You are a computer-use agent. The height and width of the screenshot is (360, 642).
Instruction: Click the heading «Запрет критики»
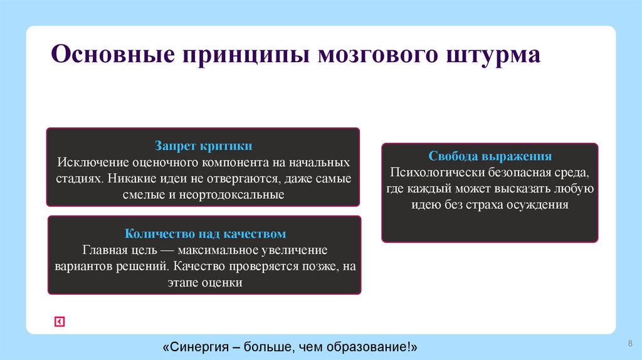(204, 146)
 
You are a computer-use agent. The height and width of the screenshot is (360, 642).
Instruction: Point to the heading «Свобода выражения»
(490, 156)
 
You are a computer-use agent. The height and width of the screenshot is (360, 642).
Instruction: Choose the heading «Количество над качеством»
(205, 234)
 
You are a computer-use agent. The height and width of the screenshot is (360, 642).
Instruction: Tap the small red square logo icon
(60, 322)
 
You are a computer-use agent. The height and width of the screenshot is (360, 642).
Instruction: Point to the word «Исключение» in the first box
(85, 162)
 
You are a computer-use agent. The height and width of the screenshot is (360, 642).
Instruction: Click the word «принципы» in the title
(243, 55)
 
